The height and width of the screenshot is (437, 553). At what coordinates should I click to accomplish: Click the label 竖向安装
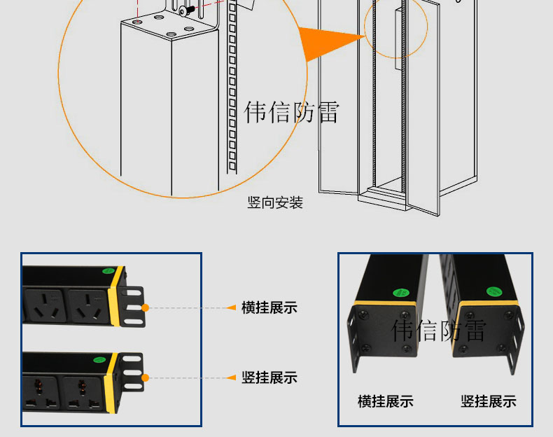(x=275, y=203)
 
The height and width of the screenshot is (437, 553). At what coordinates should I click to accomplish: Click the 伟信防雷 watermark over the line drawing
(x=291, y=111)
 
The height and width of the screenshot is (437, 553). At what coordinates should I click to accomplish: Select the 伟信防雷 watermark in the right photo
(x=439, y=330)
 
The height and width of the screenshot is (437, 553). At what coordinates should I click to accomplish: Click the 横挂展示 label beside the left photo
(x=269, y=307)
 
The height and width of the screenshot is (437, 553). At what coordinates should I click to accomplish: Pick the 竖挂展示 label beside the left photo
(x=269, y=377)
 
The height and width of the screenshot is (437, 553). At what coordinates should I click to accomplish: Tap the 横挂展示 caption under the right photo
(x=385, y=401)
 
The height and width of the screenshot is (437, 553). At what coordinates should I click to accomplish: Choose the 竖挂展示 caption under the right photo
(x=488, y=401)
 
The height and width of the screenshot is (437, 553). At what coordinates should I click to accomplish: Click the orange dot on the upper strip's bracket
(x=145, y=307)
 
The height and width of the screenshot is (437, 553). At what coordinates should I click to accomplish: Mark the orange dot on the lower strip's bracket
(x=145, y=378)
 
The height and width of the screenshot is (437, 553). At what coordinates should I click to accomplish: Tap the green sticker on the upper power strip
(x=108, y=272)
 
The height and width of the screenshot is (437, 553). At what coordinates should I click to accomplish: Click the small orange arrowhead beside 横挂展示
(x=232, y=307)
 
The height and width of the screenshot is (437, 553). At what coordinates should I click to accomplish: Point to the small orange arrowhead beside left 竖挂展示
(x=232, y=378)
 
